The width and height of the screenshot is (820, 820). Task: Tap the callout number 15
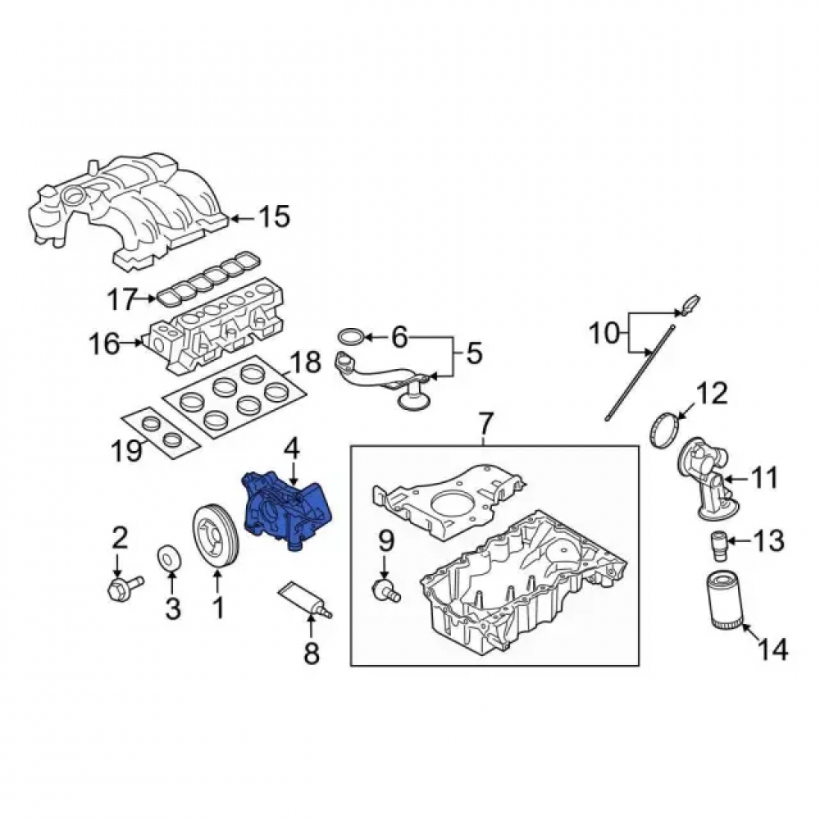tap(275, 216)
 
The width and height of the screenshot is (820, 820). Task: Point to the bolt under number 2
tap(125, 588)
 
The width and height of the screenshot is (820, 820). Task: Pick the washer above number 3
tap(168, 558)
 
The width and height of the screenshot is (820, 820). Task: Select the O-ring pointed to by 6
tap(350, 337)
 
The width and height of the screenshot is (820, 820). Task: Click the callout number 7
tap(485, 424)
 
